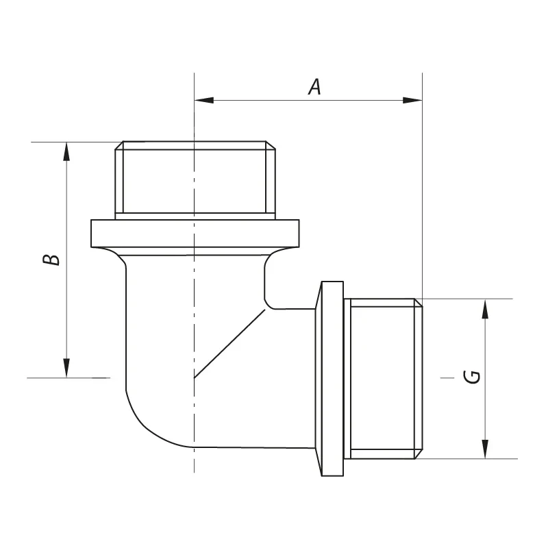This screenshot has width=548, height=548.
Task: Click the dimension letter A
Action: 314,87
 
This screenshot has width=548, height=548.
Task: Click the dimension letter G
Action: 472,377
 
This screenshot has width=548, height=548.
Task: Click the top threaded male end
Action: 195,178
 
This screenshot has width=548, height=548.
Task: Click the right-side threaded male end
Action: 384,378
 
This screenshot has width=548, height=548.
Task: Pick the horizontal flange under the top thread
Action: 195,234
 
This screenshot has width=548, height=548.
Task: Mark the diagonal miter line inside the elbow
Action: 229,344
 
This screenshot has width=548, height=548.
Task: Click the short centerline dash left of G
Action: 446,377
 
